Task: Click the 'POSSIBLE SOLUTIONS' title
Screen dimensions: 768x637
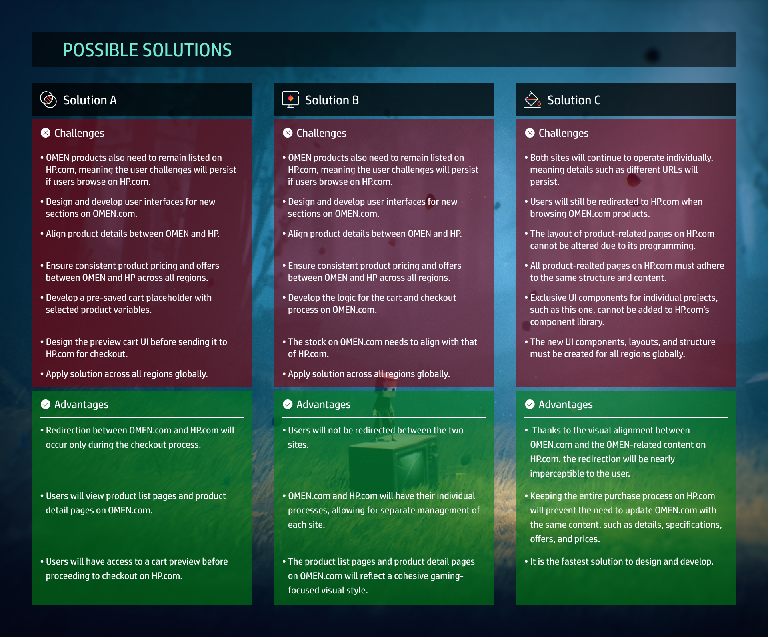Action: click(x=147, y=50)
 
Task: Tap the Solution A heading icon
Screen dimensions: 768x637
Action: click(x=48, y=100)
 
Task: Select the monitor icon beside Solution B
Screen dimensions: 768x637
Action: click(x=290, y=100)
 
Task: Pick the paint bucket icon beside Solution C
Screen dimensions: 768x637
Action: click(x=532, y=100)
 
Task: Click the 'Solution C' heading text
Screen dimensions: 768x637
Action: click(x=574, y=100)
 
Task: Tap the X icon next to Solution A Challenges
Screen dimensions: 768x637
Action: click(x=46, y=133)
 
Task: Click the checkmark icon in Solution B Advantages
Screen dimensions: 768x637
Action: click(x=288, y=404)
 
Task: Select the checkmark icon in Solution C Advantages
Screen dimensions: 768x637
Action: click(x=530, y=404)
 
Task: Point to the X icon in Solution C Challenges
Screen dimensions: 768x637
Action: click(x=530, y=133)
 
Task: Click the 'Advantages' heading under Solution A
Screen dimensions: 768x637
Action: click(x=81, y=405)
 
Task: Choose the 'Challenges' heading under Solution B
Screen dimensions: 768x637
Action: click(x=321, y=133)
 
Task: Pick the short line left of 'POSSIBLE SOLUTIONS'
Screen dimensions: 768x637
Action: click(x=48, y=56)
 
